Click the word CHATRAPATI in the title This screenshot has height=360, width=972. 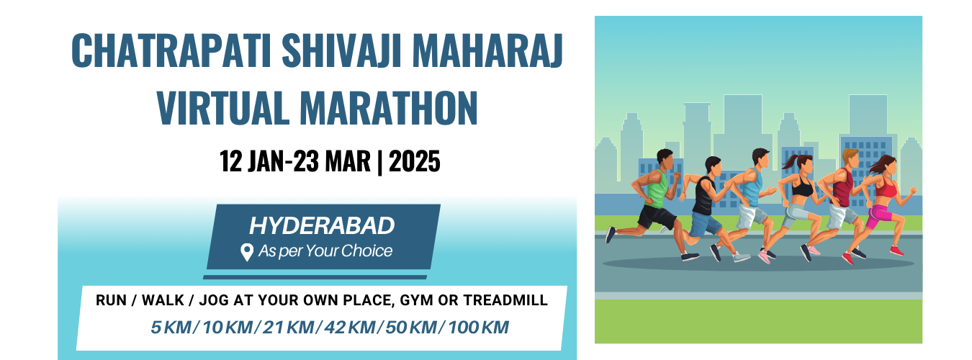tap(171, 50)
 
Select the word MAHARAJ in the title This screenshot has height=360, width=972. tap(487, 50)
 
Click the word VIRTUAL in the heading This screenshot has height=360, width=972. tap(223, 108)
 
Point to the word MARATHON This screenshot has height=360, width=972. tap(389, 108)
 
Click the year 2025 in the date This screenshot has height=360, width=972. tap(415, 161)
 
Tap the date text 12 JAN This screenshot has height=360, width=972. tap(252, 161)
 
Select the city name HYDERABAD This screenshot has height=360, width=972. tap(322, 226)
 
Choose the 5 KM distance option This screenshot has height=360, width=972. tap(171, 328)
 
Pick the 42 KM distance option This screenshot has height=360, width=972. tap(350, 328)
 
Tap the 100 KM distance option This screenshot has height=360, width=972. tap(478, 328)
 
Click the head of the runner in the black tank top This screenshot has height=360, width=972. tap(713, 166)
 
